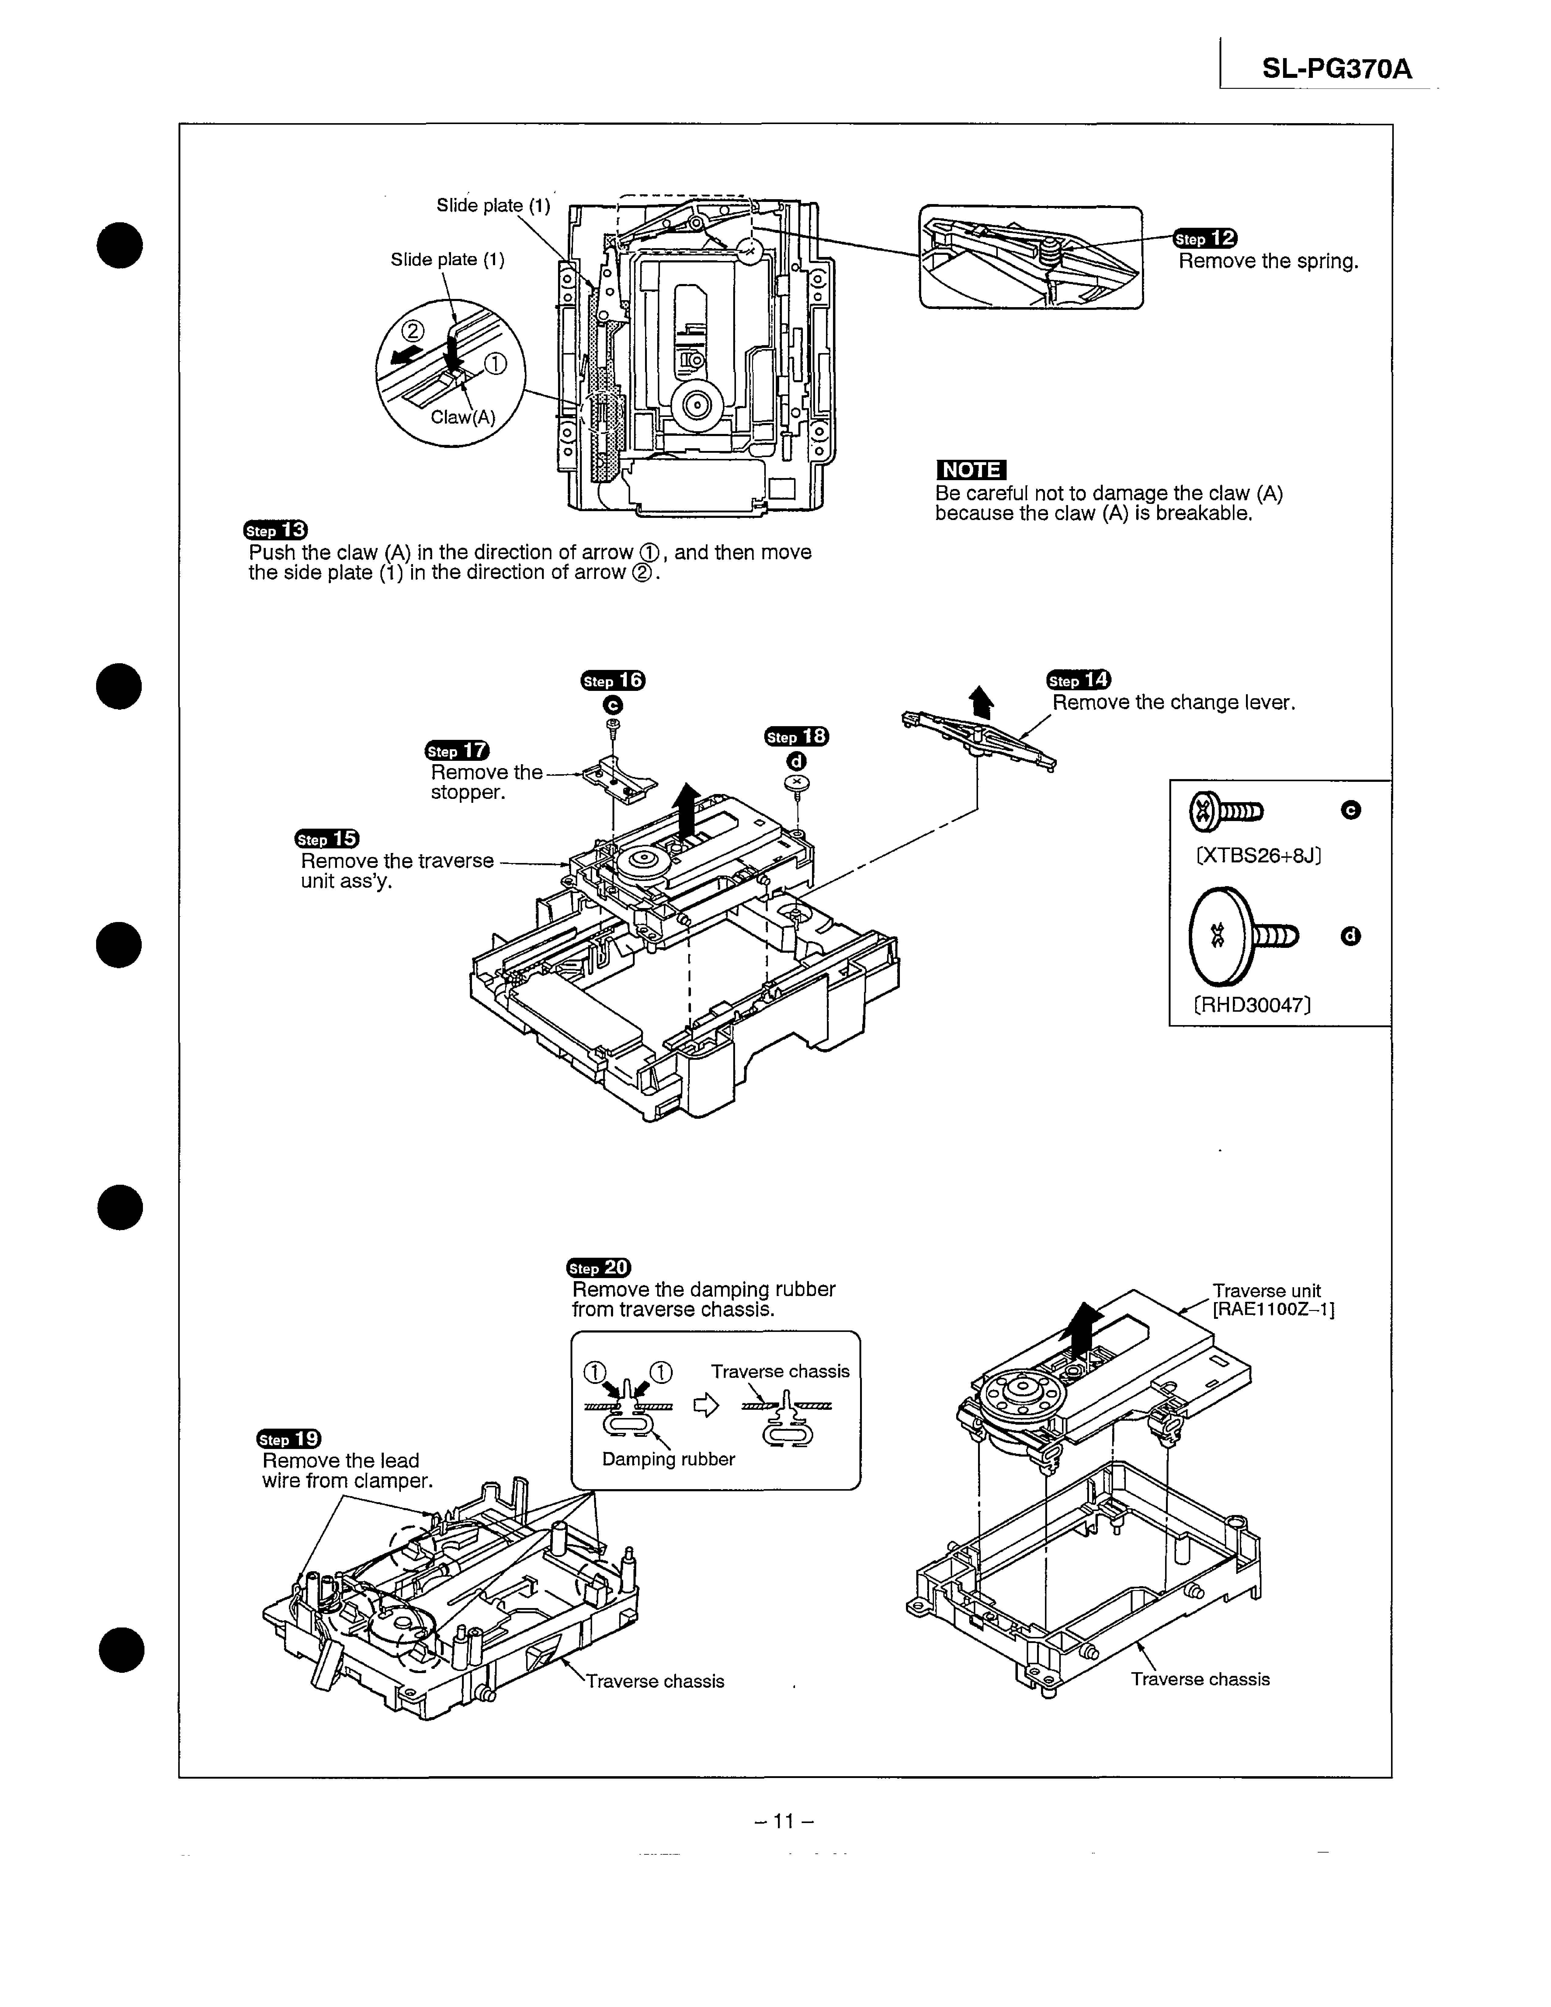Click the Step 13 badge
pyautogui.click(x=276, y=530)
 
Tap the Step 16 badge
pyautogui.click(x=613, y=680)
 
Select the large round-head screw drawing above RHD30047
pyautogui.click(x=1242, y=935)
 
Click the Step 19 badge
pyautogui.click(x=289, y=1439)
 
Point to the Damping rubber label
pyautogui.click(x=668, y=1459)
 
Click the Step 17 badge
pyautogui.click(x=458, y=751)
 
